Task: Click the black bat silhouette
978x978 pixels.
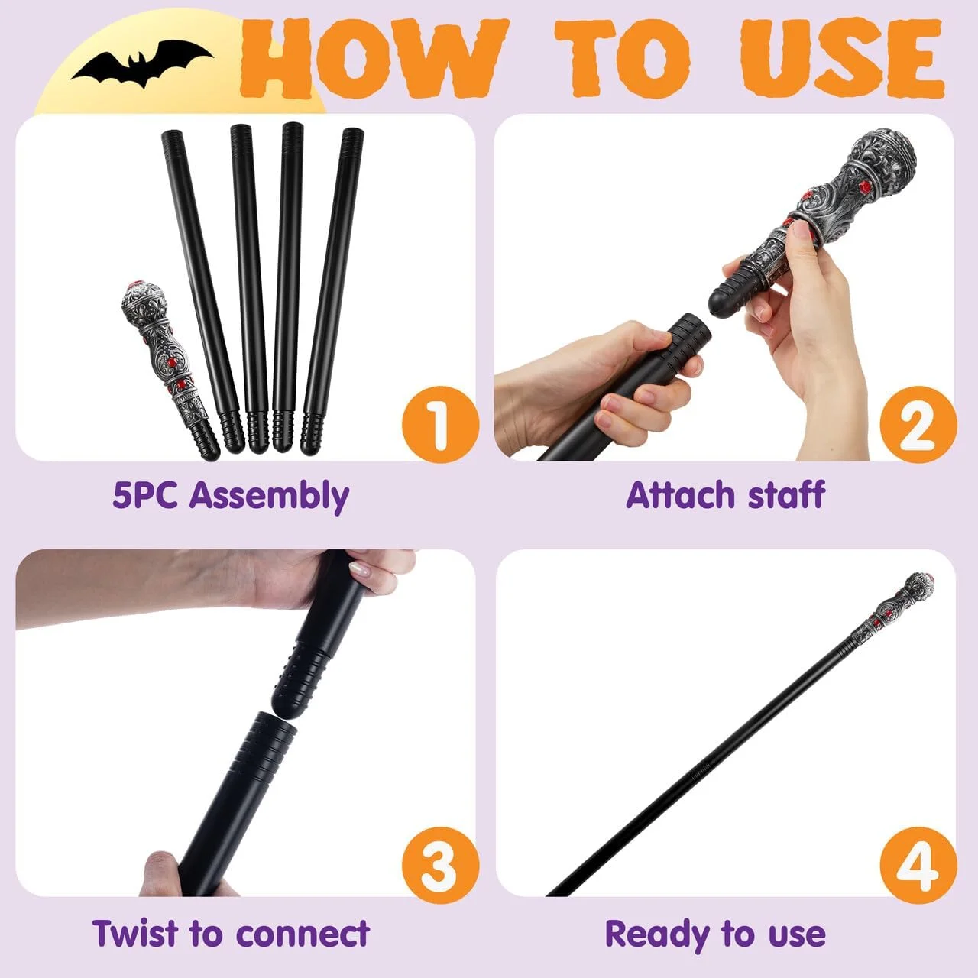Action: point(143,65)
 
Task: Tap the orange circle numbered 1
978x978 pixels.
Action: point(440,424)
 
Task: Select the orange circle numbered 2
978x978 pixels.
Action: point(918,424)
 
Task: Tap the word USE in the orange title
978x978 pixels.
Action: point(843,58)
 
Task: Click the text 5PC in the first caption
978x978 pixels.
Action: point(144,495)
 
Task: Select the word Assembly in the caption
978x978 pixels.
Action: point(269,497)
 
